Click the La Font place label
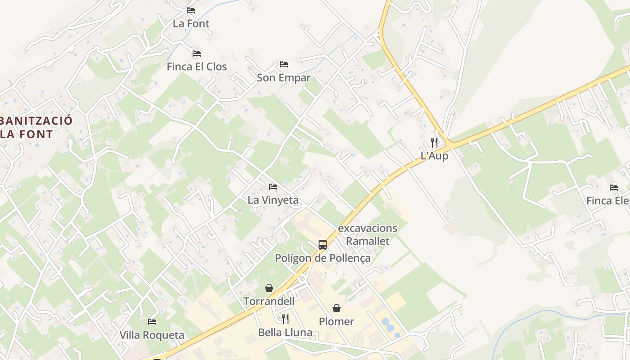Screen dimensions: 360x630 (x=191, y=23)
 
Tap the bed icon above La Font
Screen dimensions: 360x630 (x=191, y=10)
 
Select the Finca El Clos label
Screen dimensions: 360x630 (x=197, y=67)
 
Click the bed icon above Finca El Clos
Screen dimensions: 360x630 (x=197, y=53)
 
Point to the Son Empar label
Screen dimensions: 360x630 (x=283, y=77)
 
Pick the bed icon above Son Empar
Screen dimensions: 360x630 (x=283, y=64)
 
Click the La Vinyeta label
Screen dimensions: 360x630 (x=273, y=200)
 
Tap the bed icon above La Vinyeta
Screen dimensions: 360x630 (x=273, y=186)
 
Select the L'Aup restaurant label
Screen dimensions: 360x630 (x=434, y=156)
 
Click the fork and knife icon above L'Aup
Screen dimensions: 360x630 (x=434, y=143)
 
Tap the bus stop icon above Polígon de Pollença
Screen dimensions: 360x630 (x=323, y=245)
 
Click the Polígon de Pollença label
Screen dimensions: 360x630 (x=323, y=258)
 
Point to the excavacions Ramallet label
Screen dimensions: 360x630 (x=368, y=234)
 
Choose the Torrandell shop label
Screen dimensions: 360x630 (x=269, y=301)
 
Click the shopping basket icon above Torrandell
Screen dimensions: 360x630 (x=269, y=288)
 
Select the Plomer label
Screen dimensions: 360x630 (x=336, y=321)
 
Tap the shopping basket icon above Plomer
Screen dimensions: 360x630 (x=336, y=308)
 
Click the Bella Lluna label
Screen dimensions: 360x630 (x=285, y=333)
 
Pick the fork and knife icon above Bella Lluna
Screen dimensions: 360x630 (x=285, y=319)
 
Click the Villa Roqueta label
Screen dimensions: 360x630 (x=152, y=335)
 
